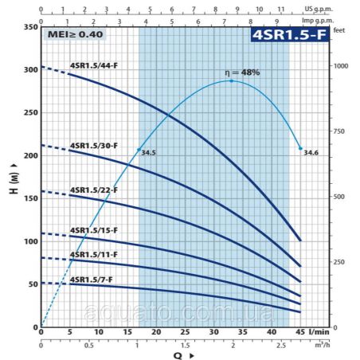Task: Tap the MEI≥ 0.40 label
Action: pos(75,35)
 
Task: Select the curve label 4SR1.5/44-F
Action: pos(94,65)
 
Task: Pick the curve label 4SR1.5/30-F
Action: pos(94,147)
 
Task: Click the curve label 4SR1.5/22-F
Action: pos(94,190)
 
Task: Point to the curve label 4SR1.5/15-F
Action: pos(94,230)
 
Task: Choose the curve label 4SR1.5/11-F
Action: pos(94,255)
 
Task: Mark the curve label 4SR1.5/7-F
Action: pos(92,280)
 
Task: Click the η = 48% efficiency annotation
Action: pos(242,72)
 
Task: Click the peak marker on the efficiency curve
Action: pos(232,80)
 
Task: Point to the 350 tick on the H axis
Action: pos(30,27)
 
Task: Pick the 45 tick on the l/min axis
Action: pos(300,332)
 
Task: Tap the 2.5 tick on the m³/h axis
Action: pos(280,346)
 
